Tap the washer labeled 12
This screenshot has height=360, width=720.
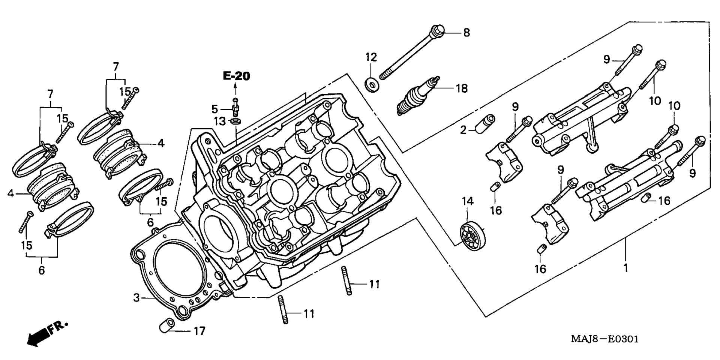(372, 85)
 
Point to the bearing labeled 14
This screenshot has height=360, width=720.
(472, 234)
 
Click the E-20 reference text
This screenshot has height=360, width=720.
(236, 76)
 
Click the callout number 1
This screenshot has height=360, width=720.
(625, 268)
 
